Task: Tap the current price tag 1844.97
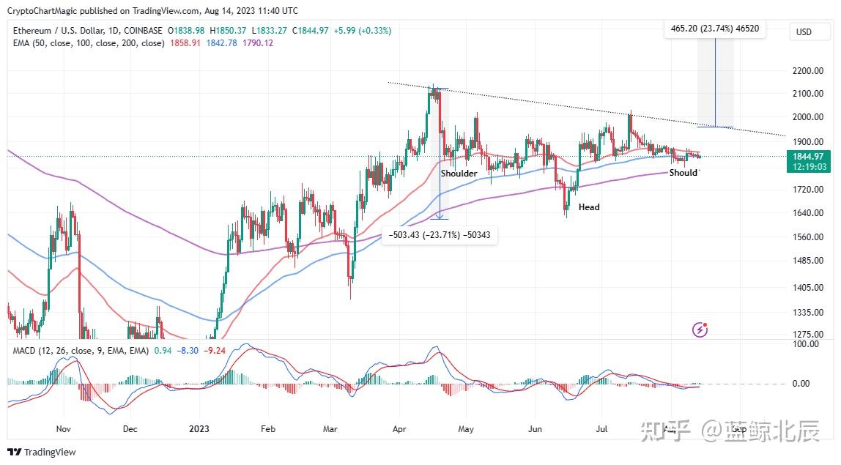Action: [809, 156]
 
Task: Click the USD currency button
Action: [804, 32]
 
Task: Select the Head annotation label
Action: [589, 207]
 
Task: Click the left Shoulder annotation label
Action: [459, 174]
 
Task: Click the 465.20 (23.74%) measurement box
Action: [714, 29]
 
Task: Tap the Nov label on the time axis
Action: [63, 429]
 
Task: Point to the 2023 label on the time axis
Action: [199, 429]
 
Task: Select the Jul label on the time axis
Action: [603, 429]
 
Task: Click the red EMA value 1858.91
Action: [183, 43]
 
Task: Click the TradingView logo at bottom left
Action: [42, 452]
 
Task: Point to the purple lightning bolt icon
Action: [700, 330]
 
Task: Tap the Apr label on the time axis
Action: [399, 429]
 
